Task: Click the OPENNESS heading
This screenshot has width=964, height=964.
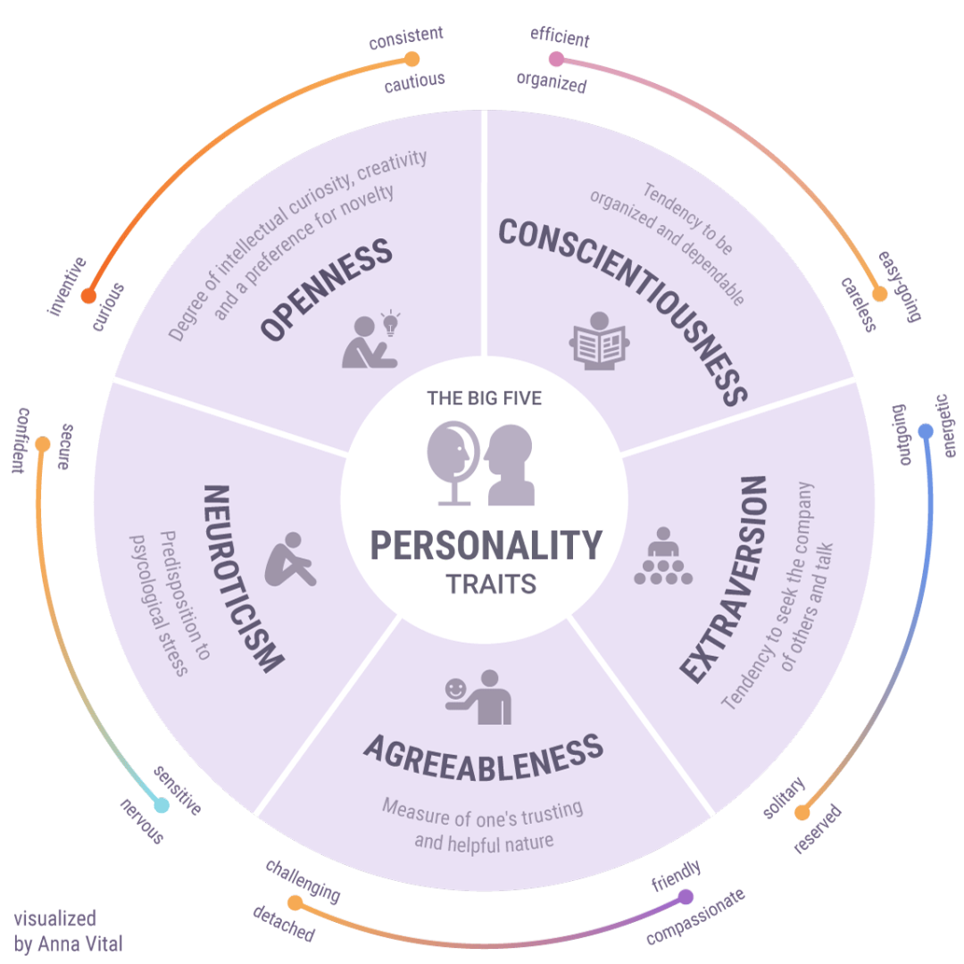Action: point(326,289)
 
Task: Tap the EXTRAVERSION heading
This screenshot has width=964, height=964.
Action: point(723,580)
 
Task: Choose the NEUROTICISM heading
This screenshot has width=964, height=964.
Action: point(242,578)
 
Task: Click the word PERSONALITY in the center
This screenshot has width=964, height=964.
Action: point(486,544)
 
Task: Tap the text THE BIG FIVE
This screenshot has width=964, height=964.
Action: point(484,398)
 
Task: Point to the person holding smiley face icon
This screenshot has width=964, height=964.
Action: point(478,697)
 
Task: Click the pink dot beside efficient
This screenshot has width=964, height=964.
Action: point(556,59)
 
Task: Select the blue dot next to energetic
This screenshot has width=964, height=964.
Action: point(926,431)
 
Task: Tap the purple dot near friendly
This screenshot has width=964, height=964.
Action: point(686,896)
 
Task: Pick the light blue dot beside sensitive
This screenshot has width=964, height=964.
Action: point(162,805)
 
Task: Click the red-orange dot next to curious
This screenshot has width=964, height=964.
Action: point(87,296)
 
